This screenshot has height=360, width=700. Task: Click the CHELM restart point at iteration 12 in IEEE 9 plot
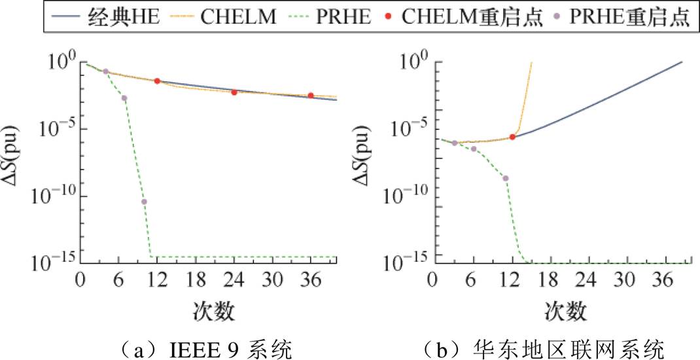157,81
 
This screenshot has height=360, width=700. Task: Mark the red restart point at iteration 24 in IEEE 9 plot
234,92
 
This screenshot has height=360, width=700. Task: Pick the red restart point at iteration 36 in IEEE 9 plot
311,96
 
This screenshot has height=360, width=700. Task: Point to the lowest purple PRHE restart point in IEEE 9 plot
144,202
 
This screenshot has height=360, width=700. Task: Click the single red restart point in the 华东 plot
512,137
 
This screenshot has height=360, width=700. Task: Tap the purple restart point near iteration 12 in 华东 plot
505,178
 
